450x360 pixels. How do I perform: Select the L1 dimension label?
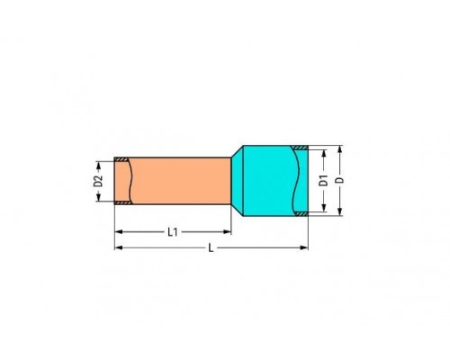click(172, 232)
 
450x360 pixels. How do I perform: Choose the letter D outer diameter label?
click(338, 181)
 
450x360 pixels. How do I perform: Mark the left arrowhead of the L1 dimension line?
click(117, 232)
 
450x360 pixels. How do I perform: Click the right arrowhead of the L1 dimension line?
click(229, 232)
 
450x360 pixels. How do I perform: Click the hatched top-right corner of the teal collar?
click(304, 150)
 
